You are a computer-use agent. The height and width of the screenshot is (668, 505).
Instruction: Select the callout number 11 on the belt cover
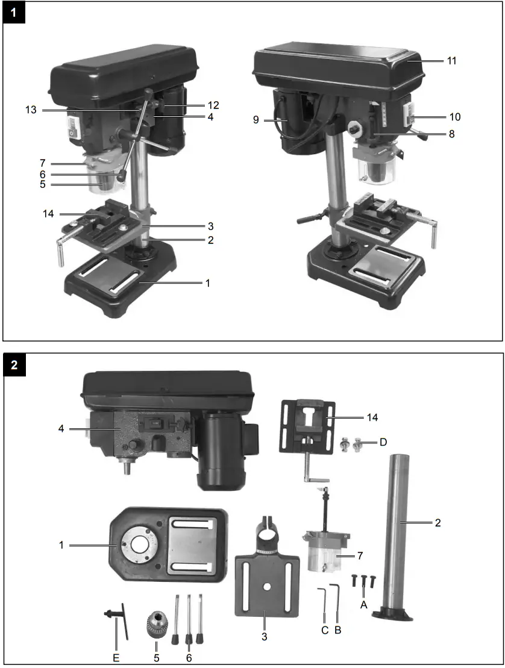tap(451, 61)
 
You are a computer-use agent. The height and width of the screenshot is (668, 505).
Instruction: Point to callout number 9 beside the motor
tap(256, 120)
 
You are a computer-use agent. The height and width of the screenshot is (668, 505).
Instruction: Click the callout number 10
tap(454, 116)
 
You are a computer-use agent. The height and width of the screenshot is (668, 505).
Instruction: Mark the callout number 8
tap(451, 134)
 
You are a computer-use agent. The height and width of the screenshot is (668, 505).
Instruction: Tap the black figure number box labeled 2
tap(15, 365)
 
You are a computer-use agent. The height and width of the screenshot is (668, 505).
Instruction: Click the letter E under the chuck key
tap(116, 658)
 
